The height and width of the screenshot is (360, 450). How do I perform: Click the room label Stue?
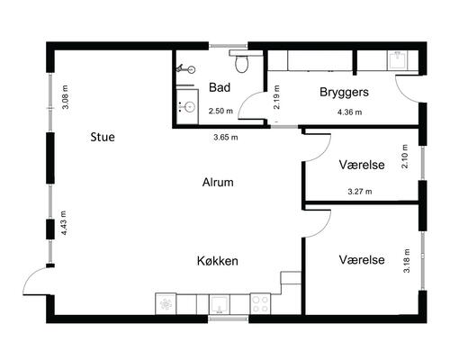coord(107,138)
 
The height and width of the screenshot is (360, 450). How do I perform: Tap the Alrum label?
coord(218,183)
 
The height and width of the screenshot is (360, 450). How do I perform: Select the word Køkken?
coord(217,261)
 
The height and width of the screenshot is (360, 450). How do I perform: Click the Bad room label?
coord(219,87)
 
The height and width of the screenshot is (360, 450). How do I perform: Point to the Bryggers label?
coord(345,93)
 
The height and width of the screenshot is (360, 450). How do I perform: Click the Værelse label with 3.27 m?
coord(362,166)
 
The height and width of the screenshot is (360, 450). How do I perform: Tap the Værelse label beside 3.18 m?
coord(362,260)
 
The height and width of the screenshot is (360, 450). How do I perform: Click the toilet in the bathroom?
coord(241,63)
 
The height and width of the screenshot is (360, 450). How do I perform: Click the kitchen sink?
coord(220,304)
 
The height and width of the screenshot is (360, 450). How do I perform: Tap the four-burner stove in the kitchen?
coord(260,304)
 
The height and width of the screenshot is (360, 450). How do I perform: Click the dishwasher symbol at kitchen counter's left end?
coord(167,304)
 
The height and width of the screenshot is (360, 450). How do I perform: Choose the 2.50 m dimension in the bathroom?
coord(220,112)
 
